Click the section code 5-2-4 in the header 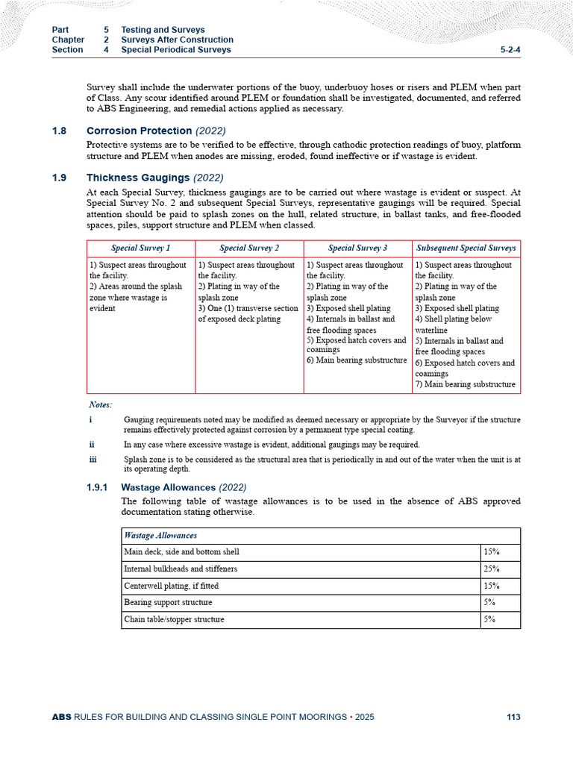[510, 50]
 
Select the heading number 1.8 [59, 131]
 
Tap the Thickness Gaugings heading [139, 178]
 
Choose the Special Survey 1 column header [140, 248]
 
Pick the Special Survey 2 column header [249, 248]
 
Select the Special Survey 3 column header [357, 248]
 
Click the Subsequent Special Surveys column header [466, 248]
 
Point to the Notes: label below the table [100, 404]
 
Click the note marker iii [92, 460]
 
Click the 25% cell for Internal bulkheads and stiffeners [491, 569]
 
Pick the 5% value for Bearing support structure [489, 602]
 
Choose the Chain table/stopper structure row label [174, 619]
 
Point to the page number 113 [513, 717]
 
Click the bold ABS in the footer [60, 717]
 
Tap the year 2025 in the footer [365, 717]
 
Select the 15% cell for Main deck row [491, 552]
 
